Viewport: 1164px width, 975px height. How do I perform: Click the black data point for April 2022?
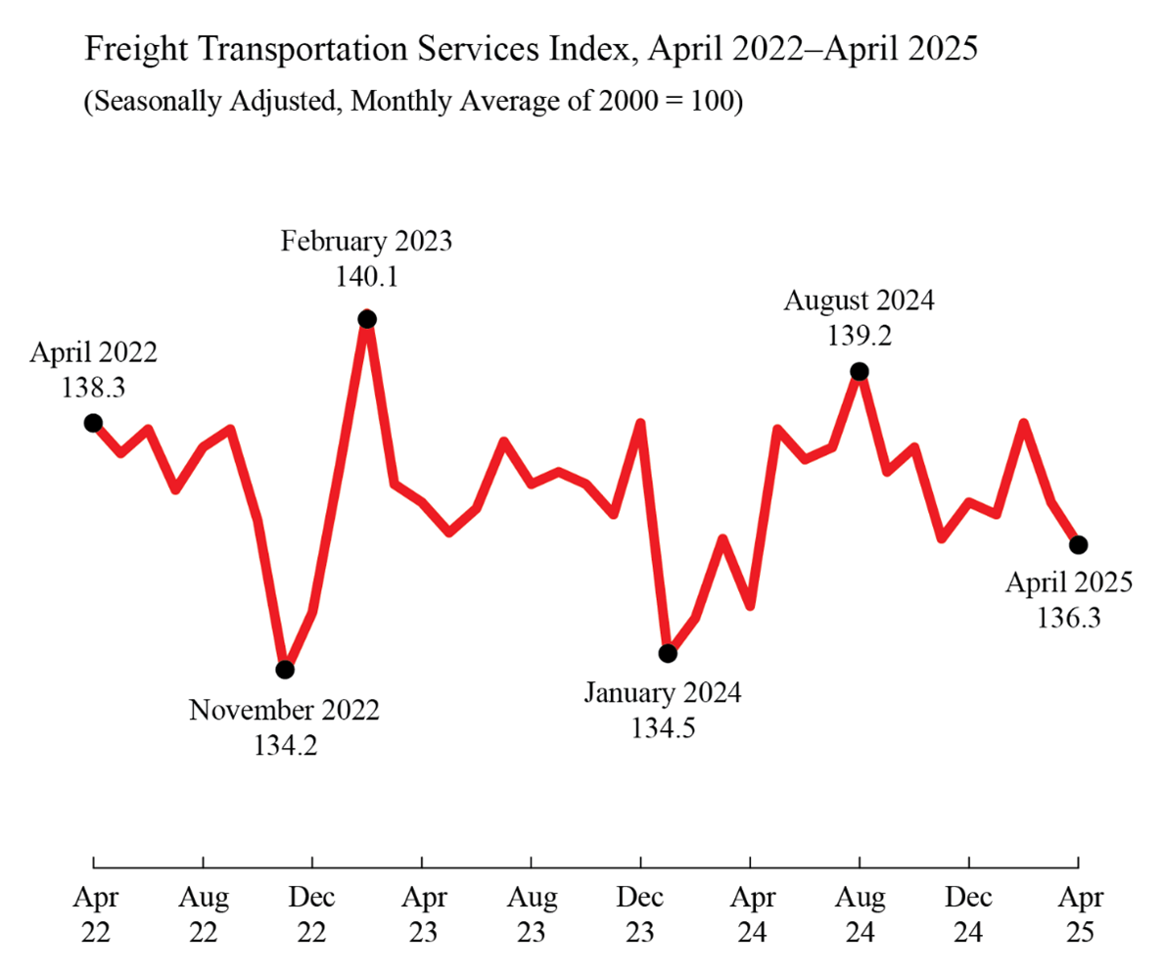point(93,423)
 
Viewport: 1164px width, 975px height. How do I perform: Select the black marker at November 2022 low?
point(285,670)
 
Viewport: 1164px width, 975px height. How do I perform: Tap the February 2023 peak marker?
point(367,318)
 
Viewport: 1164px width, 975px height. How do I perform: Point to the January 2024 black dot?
point(668,653)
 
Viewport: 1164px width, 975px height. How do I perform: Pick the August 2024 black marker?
point(860,371)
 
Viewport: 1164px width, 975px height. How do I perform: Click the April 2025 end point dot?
point(1078,544)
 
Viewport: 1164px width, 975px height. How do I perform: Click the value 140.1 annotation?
point(366,278)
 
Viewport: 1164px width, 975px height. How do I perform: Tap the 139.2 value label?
point(859,337)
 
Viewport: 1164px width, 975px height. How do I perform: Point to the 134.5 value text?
point(663,730)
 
